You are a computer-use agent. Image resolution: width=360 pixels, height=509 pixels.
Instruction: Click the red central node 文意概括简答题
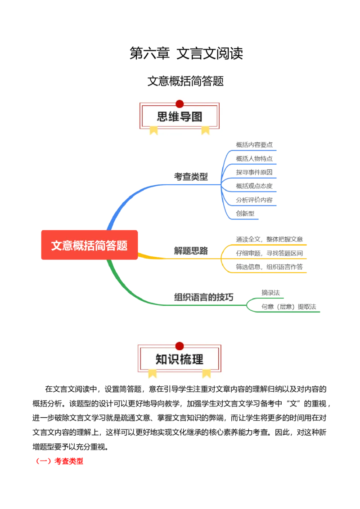point(89,246)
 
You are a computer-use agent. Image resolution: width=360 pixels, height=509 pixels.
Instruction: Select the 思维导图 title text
point(180,117)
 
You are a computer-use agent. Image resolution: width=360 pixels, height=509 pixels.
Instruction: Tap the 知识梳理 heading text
point(180,359)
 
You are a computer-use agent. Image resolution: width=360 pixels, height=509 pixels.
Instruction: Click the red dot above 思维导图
point(180,103)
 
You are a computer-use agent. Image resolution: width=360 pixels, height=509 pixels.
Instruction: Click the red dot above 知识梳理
point(180,346)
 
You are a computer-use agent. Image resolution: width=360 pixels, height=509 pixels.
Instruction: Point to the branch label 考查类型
point(191,177)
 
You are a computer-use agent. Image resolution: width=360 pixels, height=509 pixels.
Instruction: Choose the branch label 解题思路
point(191,251)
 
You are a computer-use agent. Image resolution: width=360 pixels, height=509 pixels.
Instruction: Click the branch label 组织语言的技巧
point(203,297)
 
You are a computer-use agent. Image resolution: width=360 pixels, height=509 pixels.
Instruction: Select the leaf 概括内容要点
point(254,145)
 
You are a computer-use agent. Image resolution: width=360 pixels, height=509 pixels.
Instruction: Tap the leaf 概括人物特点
point(254,158)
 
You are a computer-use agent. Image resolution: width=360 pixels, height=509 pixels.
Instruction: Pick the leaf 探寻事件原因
point(254,172)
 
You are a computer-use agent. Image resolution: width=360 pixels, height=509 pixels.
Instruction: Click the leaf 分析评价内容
point(254,200)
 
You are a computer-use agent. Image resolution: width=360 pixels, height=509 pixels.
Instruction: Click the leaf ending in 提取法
point(290,307)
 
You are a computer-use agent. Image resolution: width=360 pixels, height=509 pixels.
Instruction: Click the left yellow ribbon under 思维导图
point(154,130)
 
